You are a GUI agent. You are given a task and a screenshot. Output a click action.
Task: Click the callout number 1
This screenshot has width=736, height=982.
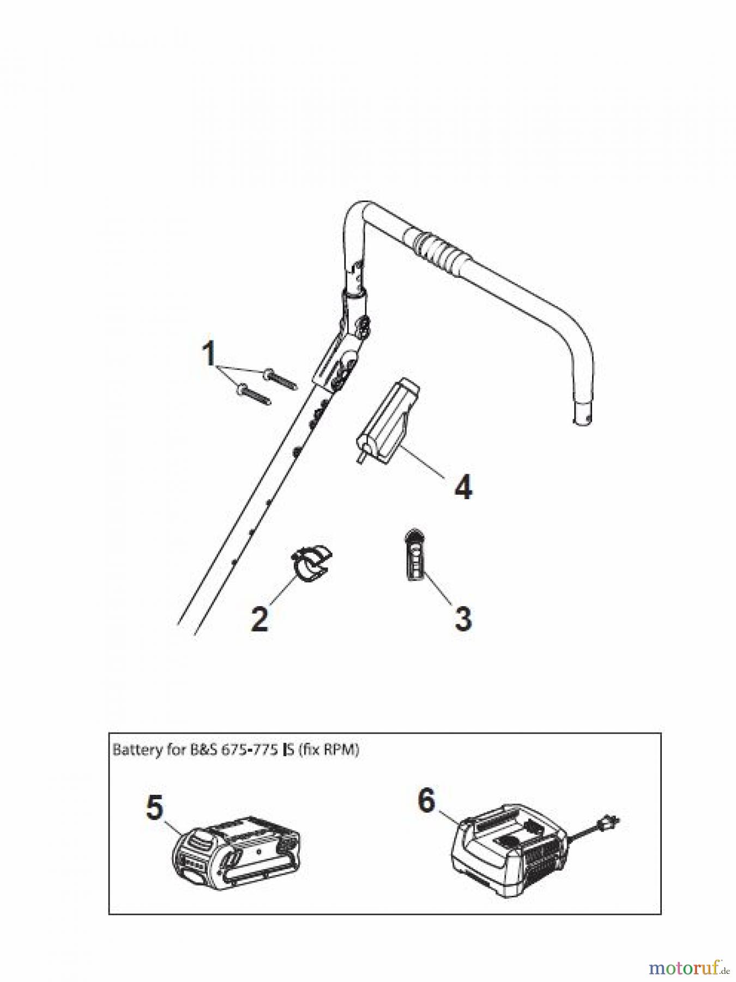pos(209,354)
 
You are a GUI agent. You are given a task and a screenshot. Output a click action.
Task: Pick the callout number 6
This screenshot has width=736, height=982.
pos(426,800)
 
